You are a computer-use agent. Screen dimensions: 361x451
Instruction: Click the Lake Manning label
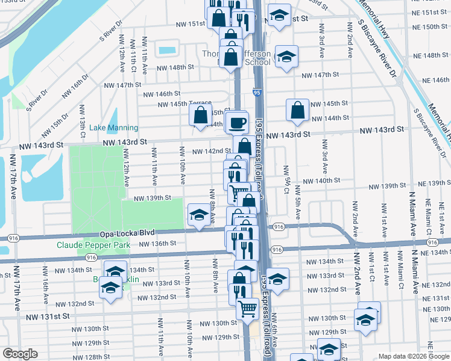(x=113, y=128)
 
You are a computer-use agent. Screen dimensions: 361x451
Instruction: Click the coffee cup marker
(x=238, y=122)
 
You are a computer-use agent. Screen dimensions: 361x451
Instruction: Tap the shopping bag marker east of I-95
(x=297, y=110)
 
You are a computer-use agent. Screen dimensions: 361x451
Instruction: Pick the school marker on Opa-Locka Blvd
(x=198, y=214)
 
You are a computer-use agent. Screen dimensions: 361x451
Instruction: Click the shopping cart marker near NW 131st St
(x=247, y=309)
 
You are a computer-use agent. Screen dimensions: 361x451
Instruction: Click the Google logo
(x=20, y=353)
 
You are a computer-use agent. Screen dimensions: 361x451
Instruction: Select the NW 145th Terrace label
(x=184, y=103)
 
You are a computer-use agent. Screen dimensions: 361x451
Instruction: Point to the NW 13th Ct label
(x=82, y=126)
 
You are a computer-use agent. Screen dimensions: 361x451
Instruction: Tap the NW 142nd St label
(x=211, y=151)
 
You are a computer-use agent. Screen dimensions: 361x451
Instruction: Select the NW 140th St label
(x=321, y=180)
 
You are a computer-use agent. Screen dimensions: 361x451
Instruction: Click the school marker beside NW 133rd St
(x=277, y=279)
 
